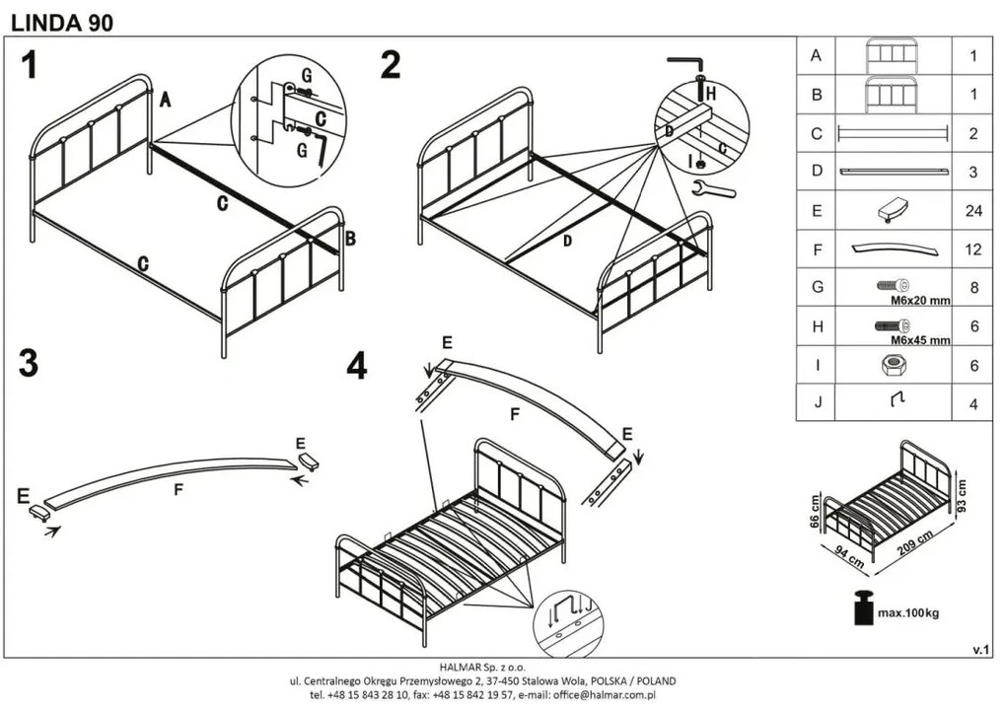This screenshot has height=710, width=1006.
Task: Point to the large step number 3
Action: (x=30, y=363)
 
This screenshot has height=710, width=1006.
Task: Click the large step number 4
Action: (x=356, y=366)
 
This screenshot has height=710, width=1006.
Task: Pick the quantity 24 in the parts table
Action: (x=972, y=210)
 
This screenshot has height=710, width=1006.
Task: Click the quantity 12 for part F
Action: (x=972, y=249)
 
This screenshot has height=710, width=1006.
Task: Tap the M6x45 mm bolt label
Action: (x=920, y=340)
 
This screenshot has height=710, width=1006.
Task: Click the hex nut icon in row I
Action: (x=894, y=365)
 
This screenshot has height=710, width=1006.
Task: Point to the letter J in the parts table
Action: (x=816, y=403)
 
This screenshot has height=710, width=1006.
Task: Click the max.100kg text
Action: (x=908, y=613)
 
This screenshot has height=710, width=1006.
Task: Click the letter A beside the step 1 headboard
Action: (x=165, y=99)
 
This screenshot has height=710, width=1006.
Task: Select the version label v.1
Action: (x=980, y=649)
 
